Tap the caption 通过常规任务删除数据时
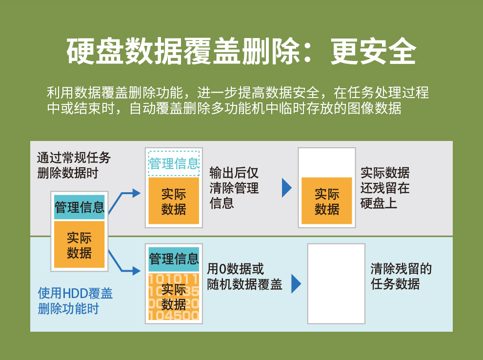pos(74,165)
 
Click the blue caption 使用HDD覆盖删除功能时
pos(75,300)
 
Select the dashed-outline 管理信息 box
pos(174,163)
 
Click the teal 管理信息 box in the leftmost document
pos(79,207)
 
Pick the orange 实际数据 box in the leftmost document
pos(79,245)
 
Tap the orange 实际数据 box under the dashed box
pos(174,201)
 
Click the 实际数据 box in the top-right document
pos(327,201)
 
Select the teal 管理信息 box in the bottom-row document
pos(174,259)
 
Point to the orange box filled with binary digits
pos(174,297)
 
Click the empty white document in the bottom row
pos(336,284)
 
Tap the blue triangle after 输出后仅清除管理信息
pos(287,188)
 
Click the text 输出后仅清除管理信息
pos(234,188)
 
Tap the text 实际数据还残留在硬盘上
pos(385,188)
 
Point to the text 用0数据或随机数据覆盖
pos(244,277)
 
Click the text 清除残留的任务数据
pos(401,277)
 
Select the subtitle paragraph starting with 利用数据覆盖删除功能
pos(238,100)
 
